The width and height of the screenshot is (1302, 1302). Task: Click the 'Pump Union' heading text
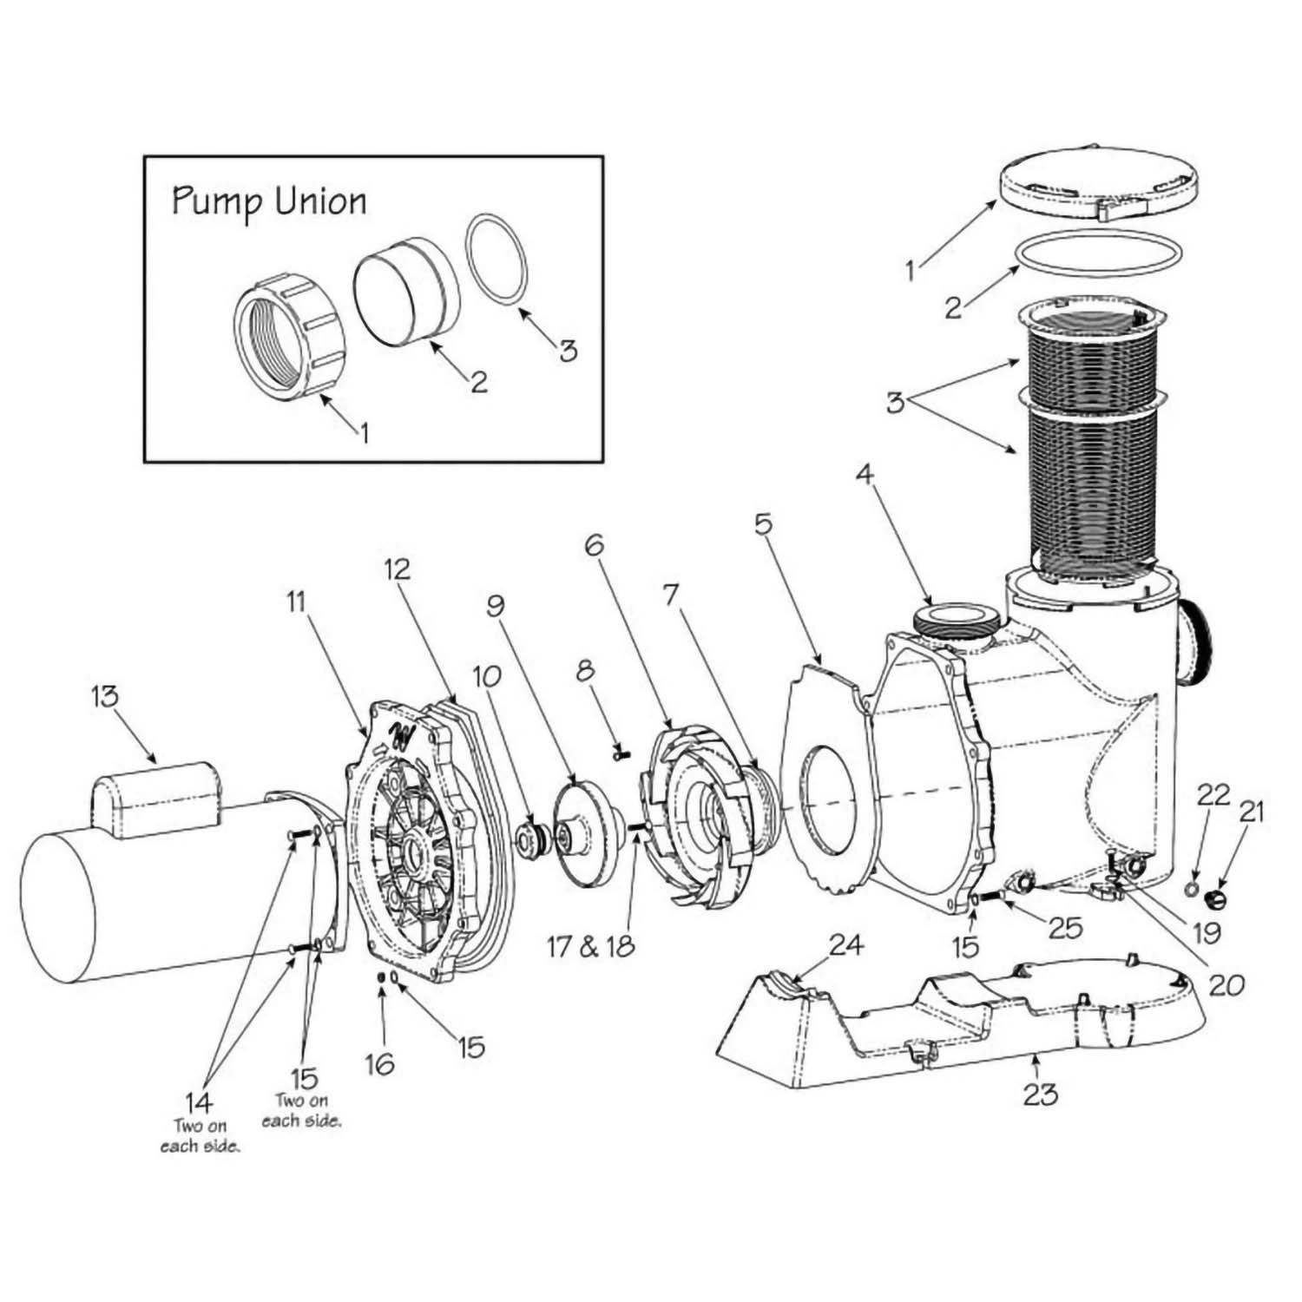point(269,202)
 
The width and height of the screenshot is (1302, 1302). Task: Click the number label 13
point(105,698)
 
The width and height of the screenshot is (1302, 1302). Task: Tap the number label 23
point(1040,1095)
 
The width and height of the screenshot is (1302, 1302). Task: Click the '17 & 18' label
point(591,946)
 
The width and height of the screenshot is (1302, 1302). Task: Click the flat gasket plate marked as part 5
point(825,781)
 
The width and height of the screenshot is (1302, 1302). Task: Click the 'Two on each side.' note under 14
point(200,1136)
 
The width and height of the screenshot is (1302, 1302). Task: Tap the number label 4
point(864,475)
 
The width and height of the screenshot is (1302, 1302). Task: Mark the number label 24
point(847,945)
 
